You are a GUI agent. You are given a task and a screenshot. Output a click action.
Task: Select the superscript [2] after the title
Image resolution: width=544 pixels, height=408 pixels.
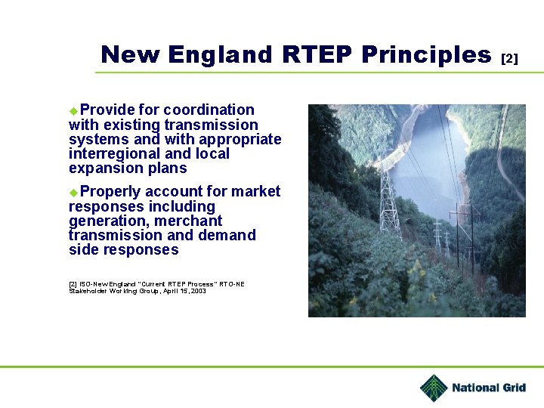coord(510,58)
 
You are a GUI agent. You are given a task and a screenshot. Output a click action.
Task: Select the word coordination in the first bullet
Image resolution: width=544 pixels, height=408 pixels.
coord(209,110)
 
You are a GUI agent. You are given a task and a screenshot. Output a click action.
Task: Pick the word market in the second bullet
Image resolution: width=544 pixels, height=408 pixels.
coord(255,192)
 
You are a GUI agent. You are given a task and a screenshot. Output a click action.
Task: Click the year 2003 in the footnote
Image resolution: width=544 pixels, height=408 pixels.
coord(198,291)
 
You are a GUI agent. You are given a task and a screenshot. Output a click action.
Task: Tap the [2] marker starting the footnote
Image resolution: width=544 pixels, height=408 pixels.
coord(73,284)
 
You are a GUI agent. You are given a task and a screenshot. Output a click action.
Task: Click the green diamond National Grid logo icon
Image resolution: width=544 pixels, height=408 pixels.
coord(434,388)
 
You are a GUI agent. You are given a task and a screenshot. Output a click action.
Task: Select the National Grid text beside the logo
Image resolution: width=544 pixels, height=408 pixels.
coord(488,388)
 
